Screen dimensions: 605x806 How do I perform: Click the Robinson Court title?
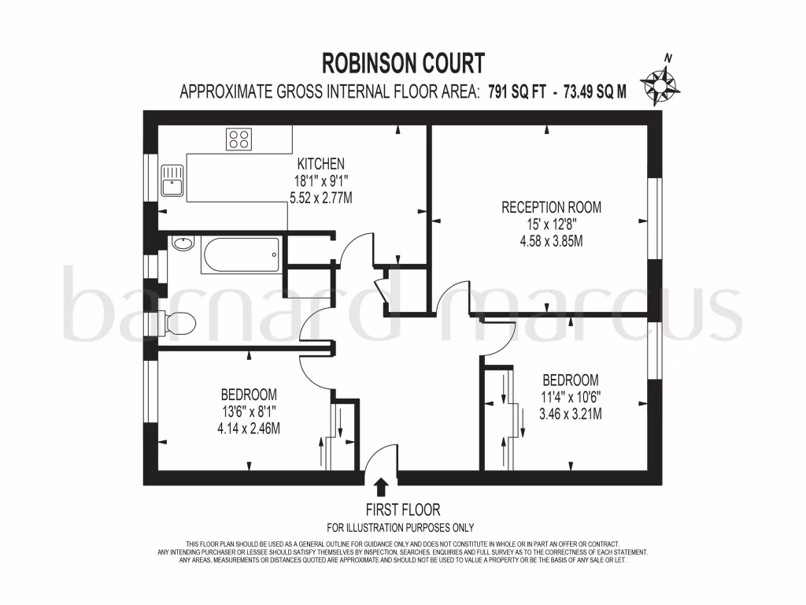click(x=403, y=62)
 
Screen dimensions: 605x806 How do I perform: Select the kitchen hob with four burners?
click(x=238, y=139)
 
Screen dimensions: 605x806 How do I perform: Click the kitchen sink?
click(x=172, y=181)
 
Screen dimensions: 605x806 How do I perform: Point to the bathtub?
click(x=240, y=255)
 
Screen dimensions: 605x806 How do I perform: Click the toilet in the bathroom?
click(x=179, y=321)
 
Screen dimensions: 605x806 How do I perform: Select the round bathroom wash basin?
click(x=183, y=243)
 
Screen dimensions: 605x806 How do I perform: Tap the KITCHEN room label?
click(x=320, y=164)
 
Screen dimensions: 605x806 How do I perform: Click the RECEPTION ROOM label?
click(x=551, y=207)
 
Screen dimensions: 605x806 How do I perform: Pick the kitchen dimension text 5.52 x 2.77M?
click(x=320, y=197)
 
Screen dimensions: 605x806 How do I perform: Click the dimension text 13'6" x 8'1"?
click(x=249, y=411)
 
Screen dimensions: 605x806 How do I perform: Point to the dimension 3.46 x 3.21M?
click(x=571, y=413)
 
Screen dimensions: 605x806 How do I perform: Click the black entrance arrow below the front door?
click(x=382, y=487)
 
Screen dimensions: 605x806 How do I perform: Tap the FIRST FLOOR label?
click(x=402, y=510)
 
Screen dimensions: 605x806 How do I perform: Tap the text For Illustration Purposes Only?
click(x=401, y=528)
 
